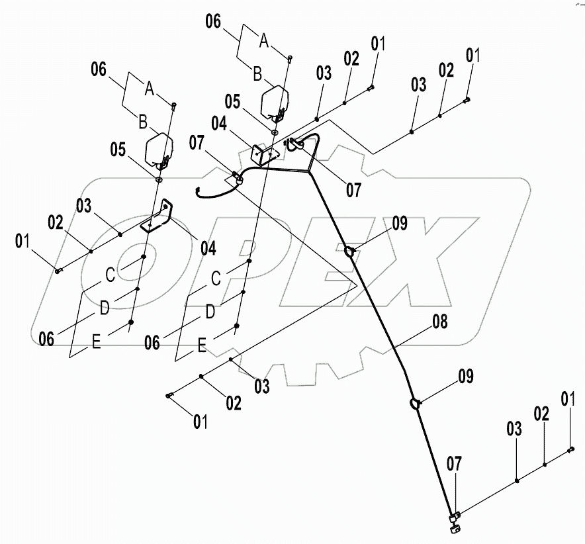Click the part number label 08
[x=439, y=323]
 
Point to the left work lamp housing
[x=159, y=150]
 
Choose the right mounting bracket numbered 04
[x=265, y=156]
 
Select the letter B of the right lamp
[x=257, y=74]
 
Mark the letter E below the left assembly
[x=97, y=344]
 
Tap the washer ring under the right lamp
[x=273, y=132]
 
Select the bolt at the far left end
[x=58, y=269]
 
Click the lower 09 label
[x=465, y=378]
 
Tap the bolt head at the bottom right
[x=570, y=449]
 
